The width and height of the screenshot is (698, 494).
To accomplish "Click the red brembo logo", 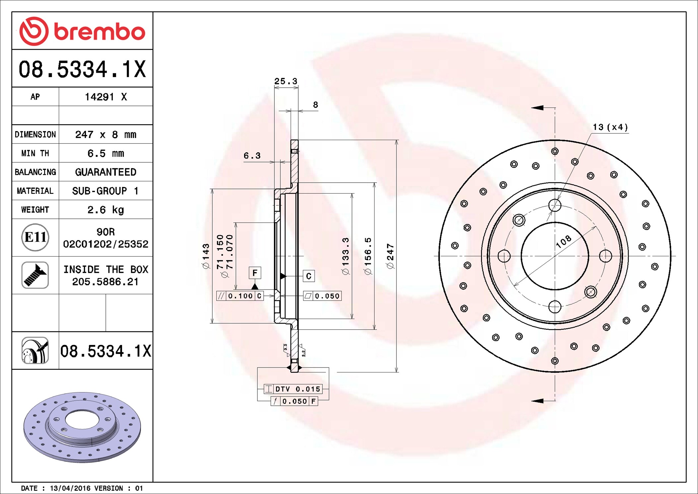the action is pyautogui.click(x=82, y=31).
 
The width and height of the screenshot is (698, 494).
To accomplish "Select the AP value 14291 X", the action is pyautogui.click(x=106, y=97).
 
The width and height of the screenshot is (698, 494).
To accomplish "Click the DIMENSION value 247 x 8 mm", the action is pyautogui.click(x=105, y=134).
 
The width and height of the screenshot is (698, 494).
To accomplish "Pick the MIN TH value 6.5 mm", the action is pyautogui.click(x=105, y=153).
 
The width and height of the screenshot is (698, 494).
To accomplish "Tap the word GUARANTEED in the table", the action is pyautogui.click(x=105, y=172).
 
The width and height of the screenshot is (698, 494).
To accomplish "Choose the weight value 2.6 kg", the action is pyautogui.click(x=105, y=210).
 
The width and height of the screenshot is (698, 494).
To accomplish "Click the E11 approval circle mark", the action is pyautogui.click(x=35, y=237).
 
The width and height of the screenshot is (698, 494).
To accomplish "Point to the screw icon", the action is pyautogui.click(x=35, y=275).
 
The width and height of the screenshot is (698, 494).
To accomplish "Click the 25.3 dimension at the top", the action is pyautogui.click(x=286, y=81).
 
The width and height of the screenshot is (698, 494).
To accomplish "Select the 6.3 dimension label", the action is pyautogui.click(x=252, y=155).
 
